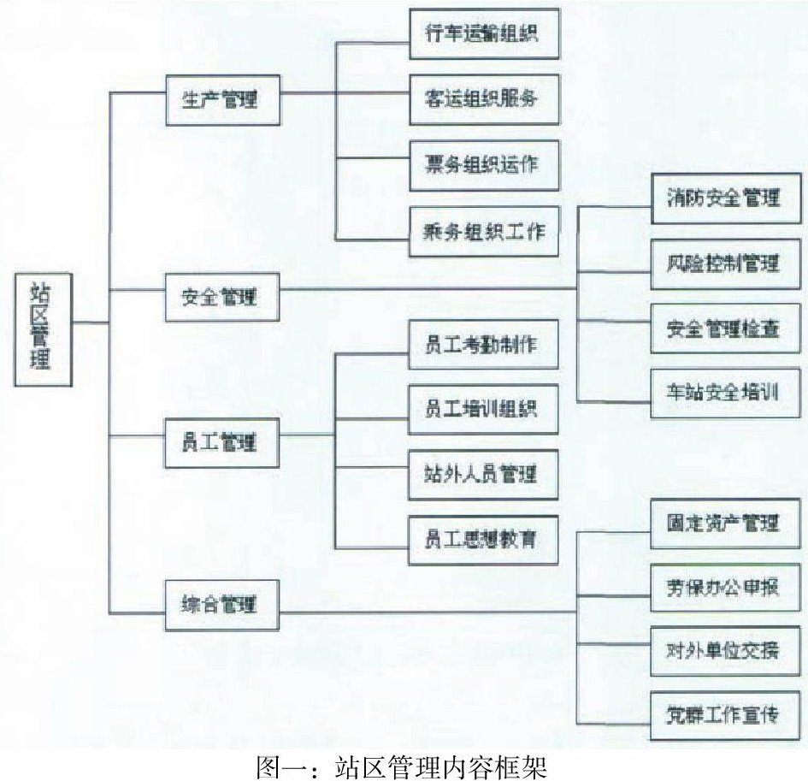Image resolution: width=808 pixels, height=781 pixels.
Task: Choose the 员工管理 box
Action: pos(221,443)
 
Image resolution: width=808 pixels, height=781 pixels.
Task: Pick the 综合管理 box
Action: pos(221,605)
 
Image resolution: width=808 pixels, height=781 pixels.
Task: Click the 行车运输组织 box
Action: pos(484,34)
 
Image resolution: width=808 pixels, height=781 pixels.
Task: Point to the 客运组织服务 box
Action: pos(484,98)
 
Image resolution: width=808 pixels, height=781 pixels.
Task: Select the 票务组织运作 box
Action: pos(484,164)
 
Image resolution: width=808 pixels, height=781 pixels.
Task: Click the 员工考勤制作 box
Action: pos(484,344)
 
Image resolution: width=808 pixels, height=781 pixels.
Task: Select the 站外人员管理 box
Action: pos(484,473)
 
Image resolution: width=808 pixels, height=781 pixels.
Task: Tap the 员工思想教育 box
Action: pos(484,540)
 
